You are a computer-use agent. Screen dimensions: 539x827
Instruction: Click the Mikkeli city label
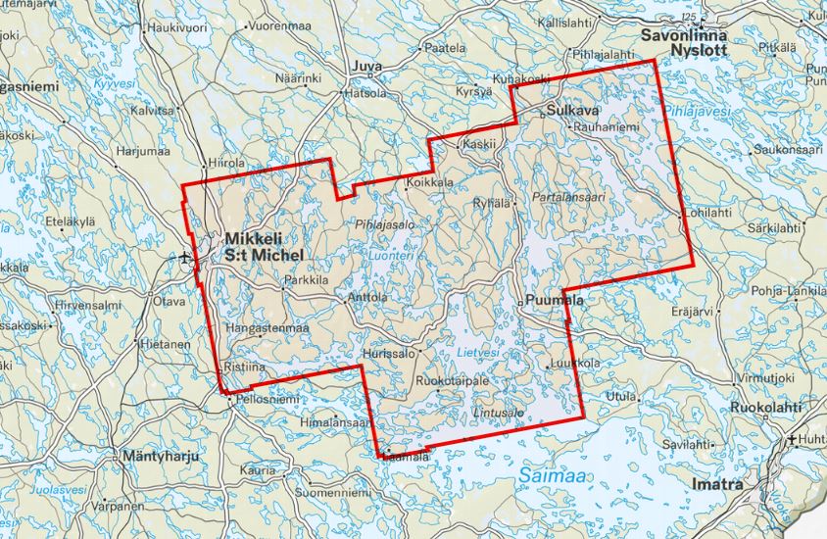[x=254, y=238]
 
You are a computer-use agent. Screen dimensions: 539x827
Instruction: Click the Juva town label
[x=366, y=68]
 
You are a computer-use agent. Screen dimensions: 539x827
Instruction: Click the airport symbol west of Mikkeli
[x=186, y=258]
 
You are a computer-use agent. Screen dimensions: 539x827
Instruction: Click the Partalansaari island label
[x=569, y=197]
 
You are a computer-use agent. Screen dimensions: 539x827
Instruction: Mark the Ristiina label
[x=244, y=366]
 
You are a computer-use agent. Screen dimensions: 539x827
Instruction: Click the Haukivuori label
[x=179, y=27]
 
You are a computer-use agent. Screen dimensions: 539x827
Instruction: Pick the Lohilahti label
[x=708, y=213]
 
